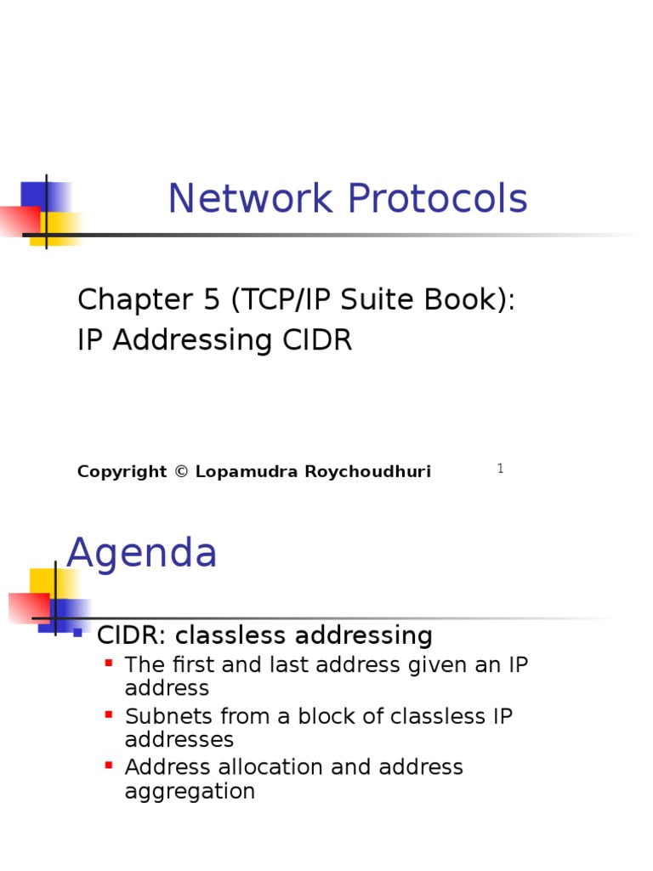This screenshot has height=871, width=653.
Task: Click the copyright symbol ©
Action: [181, 471]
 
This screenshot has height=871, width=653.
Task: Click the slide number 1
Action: [501, 469]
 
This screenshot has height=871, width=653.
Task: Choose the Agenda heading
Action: [142, 554]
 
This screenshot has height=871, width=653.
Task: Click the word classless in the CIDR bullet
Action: [230, 635]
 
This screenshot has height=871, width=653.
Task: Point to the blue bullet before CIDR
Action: [77, 633]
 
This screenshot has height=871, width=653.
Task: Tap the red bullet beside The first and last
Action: [108, 662]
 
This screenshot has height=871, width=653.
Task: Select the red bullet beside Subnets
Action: [108, 714]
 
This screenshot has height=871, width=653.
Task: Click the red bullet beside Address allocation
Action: [108, 765]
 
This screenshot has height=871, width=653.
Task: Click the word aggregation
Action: [190, 791]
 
